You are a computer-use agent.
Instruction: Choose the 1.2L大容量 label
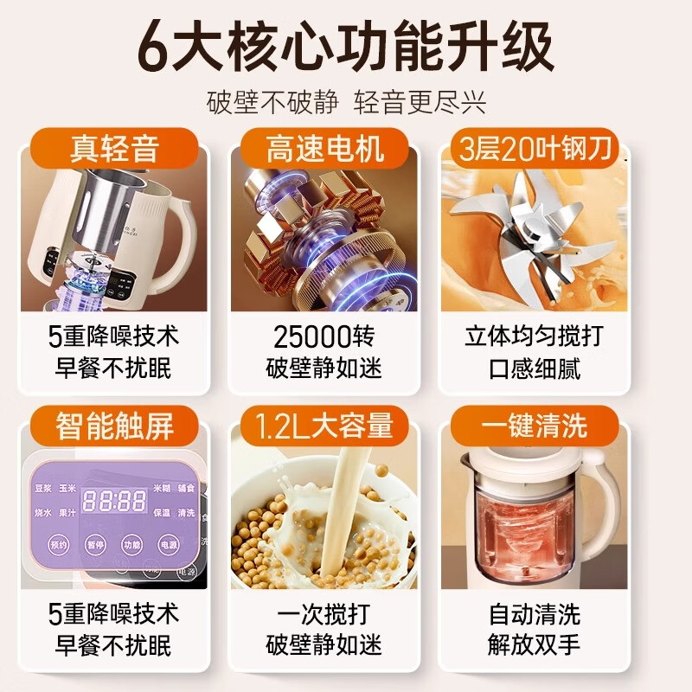pyautogui.click(x=324, y=425)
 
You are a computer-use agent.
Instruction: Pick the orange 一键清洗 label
pyautogui.click(x=535, y=425)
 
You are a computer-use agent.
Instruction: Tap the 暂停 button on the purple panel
pyautogui.click(x=97, y=545)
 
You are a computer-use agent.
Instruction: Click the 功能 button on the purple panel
pyautogui.click(x=131, y=545)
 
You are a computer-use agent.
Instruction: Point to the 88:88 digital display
pyautogui.click(x=113, y=501)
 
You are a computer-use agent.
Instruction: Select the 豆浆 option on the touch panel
pyautogui.click(x=44, y=488)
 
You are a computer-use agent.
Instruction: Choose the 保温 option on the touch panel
pyautogui.click(x=162, y=512)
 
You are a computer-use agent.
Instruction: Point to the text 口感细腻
pyautogui.click(x=535, y=368)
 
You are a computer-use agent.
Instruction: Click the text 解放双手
pyautogui.click(x=535, y=644)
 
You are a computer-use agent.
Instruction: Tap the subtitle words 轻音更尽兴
pyautogui.click(x=420, y=101)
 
